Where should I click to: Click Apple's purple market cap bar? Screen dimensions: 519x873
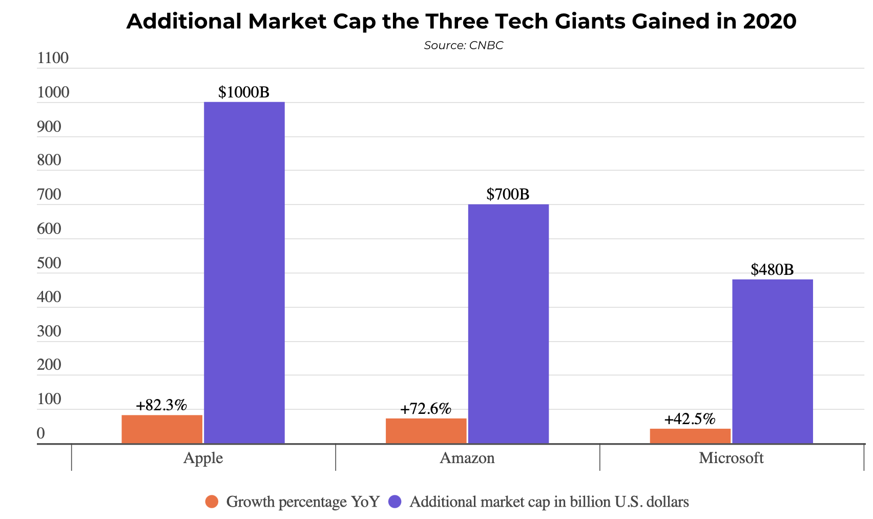[x=244, y=272]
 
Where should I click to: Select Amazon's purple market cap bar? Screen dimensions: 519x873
[x=508, y=324]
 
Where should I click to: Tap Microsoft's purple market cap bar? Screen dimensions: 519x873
[x=772, y=361]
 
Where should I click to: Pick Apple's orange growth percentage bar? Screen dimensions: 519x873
[x=162, y=429]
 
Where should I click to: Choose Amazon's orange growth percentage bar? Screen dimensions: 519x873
[x=426, y=431]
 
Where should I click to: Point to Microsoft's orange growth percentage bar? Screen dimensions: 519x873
[x=690, y=436]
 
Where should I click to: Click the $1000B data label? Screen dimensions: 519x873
[x=244, y=92]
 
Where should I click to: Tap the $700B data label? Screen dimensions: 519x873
[x=508, y=194]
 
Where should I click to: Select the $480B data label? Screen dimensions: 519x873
[x=772, y=270]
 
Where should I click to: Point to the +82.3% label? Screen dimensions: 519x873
[x=161, y=406]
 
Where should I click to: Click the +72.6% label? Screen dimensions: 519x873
[x=426, y=409]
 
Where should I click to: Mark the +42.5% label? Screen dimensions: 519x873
[x=690, y=420]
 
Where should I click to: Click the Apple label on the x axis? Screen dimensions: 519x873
[x=203, y=458]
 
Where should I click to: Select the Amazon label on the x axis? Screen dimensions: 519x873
[x=467, y=458]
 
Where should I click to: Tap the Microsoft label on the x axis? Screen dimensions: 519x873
[x=731, y=458]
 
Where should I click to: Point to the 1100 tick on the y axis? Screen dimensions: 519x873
[x=53, y=58]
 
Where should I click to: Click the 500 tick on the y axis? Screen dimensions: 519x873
[x=49, y=264]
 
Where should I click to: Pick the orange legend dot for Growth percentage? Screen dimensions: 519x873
[x=212, y=502]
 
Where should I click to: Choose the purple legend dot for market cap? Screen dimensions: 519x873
[x=395, y=502]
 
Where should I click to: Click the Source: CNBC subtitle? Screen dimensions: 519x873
[x=464, y=46]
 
